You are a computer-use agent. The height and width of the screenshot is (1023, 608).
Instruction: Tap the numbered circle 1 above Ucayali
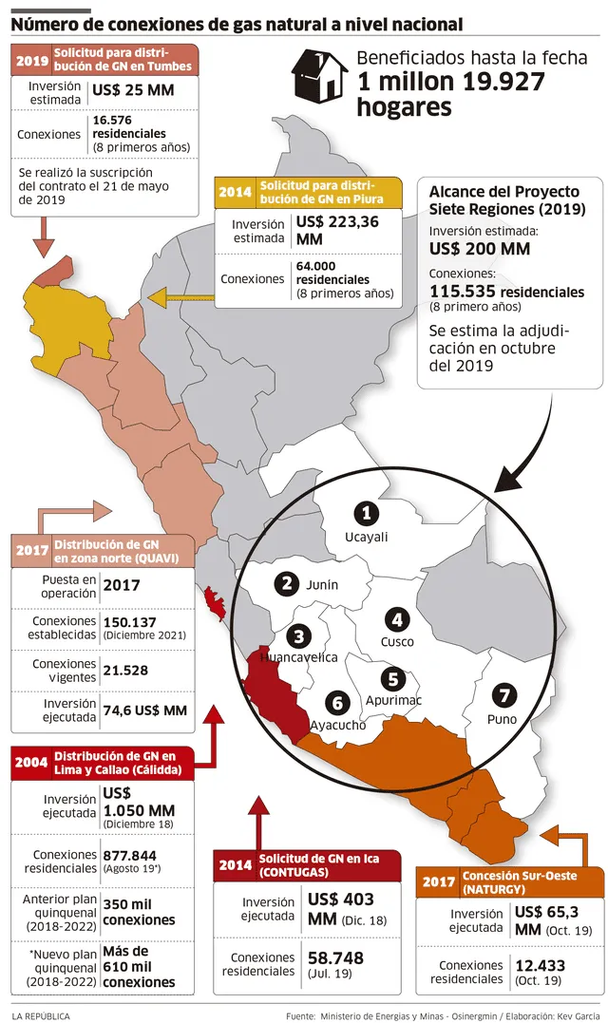click(366, 514)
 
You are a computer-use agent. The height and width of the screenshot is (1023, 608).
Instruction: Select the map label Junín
click(321, 585)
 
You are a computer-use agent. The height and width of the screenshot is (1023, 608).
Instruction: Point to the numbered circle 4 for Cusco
click(397, 620)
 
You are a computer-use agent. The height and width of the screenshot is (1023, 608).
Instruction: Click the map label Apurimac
click(393, 700)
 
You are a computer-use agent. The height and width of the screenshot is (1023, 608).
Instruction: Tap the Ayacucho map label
click(338, 725)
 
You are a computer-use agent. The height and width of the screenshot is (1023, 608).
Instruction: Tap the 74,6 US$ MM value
click(145, 710)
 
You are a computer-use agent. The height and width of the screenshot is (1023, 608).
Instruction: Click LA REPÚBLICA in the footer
click(41, 1015)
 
